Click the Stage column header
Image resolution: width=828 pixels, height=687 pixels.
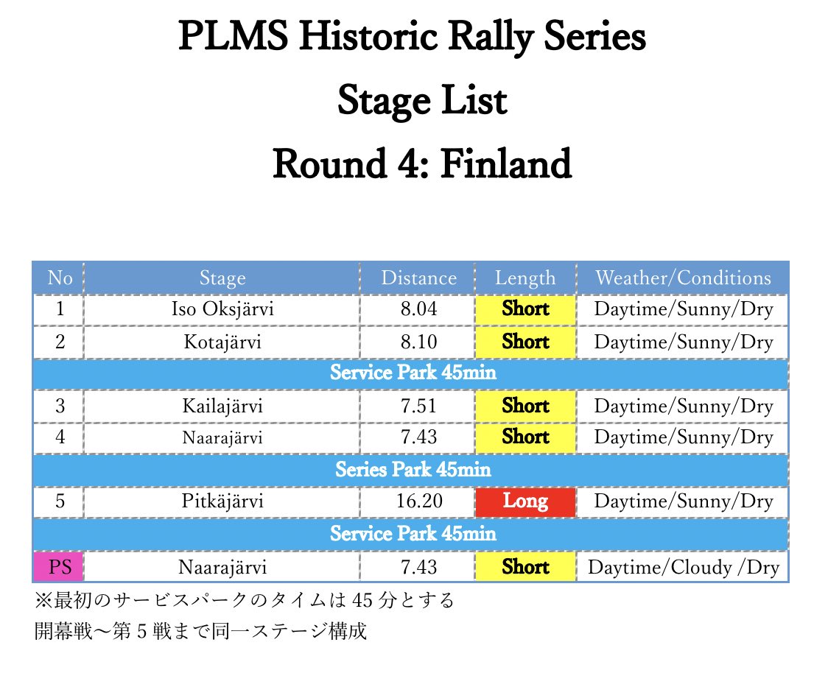click(222, 278)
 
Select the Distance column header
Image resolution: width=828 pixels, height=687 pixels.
click(418, 278)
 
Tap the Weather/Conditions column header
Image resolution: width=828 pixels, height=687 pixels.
click(683, 278)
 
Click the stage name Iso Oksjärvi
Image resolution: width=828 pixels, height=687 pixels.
click(222, 309)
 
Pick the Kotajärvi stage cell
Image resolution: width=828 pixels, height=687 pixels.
click(222, 342)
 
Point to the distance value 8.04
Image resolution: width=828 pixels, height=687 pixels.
click(418, 309)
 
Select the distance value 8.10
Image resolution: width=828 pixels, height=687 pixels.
click(418, 342)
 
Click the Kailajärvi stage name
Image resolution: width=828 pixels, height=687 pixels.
click(222, 406)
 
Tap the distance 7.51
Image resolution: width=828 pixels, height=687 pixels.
click(418, 406)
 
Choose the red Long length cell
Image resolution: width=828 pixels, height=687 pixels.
click(525, 502)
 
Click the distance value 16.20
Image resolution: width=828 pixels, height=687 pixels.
click(418, 502)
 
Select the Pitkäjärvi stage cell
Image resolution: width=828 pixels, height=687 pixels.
click(222, 502)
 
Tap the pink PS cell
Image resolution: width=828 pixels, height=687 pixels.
click(59, 568)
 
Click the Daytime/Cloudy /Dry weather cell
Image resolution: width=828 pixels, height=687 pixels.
click(683, 568)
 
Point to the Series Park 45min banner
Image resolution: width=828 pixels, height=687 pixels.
click(413, 469)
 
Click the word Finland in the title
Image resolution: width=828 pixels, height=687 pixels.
click(506, 164)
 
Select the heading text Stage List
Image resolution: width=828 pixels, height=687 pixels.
click(422, 101)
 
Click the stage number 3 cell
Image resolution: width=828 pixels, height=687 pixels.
click(59, 406)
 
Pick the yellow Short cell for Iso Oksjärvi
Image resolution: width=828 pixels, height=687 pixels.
click(525, 309)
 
